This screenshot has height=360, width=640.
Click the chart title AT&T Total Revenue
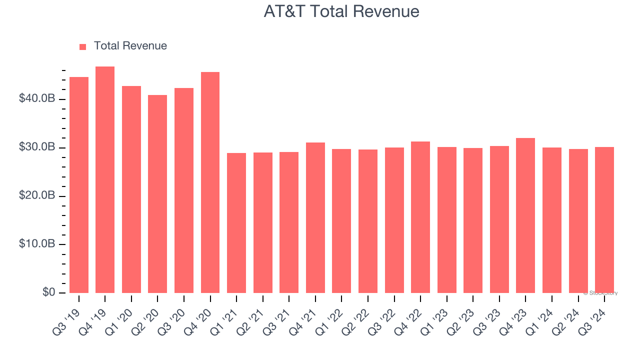(x=341, y=11)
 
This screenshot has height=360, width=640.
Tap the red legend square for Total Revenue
(x=83, y=46)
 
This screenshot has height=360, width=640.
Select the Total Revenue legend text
(x=130, y=46)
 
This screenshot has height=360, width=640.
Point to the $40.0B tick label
(x=37, y=99)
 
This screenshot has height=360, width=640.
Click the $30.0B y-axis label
(x=37, y=147)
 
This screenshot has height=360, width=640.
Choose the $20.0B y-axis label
(x=37, y=196)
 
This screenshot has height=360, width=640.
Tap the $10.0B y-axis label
(x=37, y=244)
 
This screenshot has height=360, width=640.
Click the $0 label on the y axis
(x=48, y=292)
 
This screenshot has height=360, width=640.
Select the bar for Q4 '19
(x=105, y=180)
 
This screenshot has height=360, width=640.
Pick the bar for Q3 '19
(x=79, y=185)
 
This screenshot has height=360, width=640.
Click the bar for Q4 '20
(x=210, y=182)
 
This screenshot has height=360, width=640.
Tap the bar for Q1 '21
(x=236, y=223)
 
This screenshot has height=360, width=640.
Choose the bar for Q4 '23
(x=525, y=215)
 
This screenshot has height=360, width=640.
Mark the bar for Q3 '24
(x=604, y=220)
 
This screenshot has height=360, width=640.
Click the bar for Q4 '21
(x=315, y=217)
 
